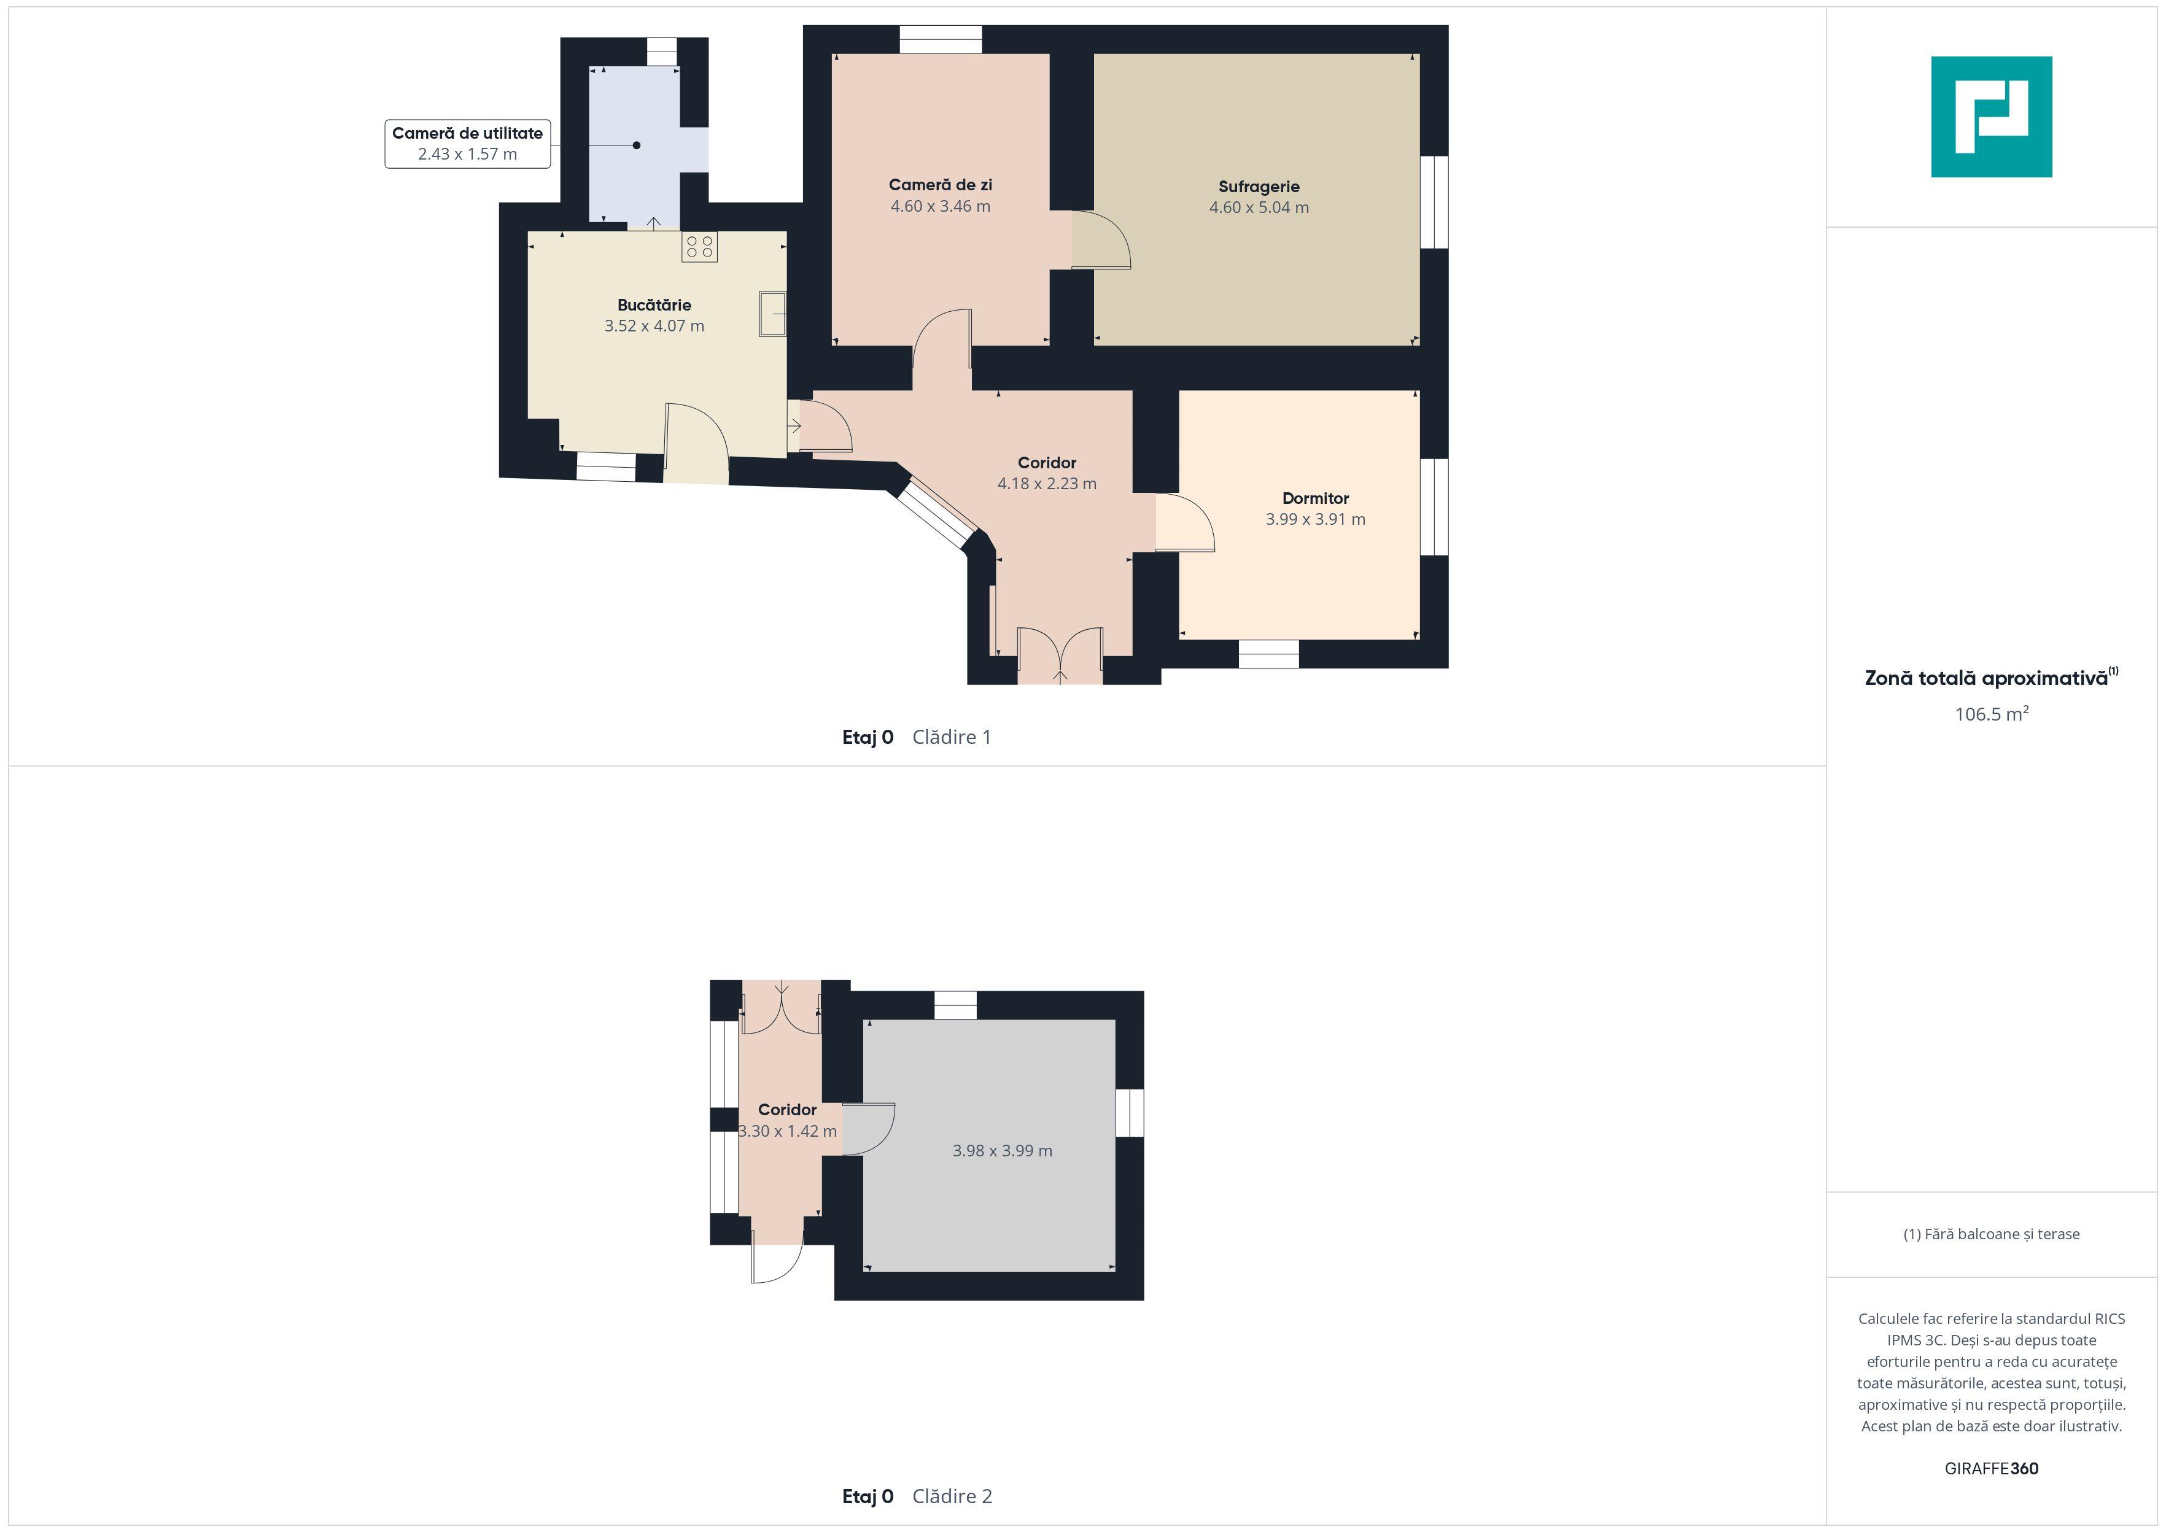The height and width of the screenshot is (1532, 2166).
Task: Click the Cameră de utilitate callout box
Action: (x=467, y=144)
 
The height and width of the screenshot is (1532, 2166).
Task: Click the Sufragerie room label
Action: (x=1259, y=187)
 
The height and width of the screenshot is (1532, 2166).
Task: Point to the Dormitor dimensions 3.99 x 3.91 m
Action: (x=1315, y=519)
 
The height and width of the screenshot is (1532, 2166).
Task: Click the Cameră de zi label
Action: (x=941, y=185)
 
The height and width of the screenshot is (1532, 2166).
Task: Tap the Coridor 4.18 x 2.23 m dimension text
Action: (x=1047, y=484)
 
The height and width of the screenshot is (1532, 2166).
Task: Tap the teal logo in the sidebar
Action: (x=1992, y=117)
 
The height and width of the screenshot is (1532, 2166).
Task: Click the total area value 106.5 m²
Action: (x=1992, y=714)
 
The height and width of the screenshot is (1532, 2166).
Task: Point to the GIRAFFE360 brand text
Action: (x=1992, y=1469)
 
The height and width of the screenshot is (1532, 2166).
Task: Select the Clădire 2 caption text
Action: (x=952, y=1496)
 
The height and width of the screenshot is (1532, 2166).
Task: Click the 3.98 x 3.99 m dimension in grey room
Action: (x=1002, y=1151)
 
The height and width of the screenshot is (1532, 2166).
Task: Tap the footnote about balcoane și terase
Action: (x=1992, y=1234)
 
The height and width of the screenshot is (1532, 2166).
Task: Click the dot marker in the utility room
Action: (x=637, y=145)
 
